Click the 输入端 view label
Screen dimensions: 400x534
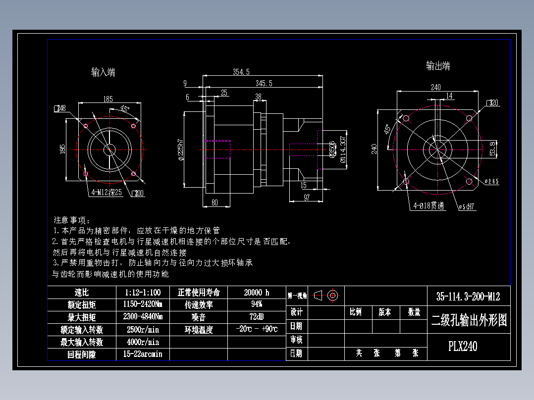click(103, 72)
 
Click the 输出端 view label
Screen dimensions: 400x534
click(438, 66)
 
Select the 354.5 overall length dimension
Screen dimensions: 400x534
click(241, 72)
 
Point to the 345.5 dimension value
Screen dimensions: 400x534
click(264, 83)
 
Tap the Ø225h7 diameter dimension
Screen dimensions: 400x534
click(180, 150)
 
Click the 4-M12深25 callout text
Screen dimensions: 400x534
click(107, 193)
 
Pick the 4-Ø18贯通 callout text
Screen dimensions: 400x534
click(429, 206)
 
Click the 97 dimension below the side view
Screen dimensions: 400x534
click(307, 198)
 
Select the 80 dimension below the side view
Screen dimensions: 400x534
click(214, 202)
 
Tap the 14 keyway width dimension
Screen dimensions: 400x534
click(449, 96)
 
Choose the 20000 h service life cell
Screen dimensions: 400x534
click(257, 292)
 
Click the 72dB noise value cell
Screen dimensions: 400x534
click(257, 317)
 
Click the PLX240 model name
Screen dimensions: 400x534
click(463, 346)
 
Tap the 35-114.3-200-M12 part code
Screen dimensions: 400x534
click(468, 297)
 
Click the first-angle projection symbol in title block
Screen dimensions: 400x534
click(326, 296)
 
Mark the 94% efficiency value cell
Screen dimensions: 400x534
click(257, 304)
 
